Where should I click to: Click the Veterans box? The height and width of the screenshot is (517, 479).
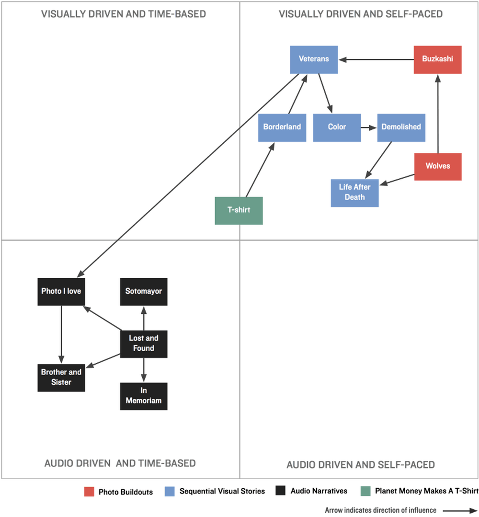(314, 60)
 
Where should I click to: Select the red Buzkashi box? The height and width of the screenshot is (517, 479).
(437, 60)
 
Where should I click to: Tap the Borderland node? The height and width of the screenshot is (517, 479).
(282, 127)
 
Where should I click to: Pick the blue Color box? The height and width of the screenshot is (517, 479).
(337, 127)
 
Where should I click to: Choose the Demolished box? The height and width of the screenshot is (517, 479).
(401, 127)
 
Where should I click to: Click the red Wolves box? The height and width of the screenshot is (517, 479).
(438, 167)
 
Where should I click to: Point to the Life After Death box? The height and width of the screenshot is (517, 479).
(355, 193)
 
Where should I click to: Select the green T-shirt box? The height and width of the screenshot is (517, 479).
(239, 211)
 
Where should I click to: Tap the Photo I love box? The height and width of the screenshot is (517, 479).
(61, 292)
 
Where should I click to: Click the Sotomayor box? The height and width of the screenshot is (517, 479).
(143, 292)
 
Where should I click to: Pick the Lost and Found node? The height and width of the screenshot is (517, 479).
(143, 344)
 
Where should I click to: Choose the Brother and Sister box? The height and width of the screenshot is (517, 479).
(61, 378)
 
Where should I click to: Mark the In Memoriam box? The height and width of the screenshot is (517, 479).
(143, 396)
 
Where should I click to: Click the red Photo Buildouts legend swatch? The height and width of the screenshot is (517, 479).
(89, 492)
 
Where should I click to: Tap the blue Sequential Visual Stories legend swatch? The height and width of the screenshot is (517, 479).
(170, 491)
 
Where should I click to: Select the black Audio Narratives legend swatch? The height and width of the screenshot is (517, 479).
(280, 490)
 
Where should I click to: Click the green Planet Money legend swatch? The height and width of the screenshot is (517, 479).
(365, 491)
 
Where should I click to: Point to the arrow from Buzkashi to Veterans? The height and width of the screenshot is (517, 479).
(376, 60)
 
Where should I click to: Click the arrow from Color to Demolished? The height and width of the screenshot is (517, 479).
(369, 127)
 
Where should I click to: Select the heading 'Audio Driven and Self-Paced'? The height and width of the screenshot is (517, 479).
(360, 465)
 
